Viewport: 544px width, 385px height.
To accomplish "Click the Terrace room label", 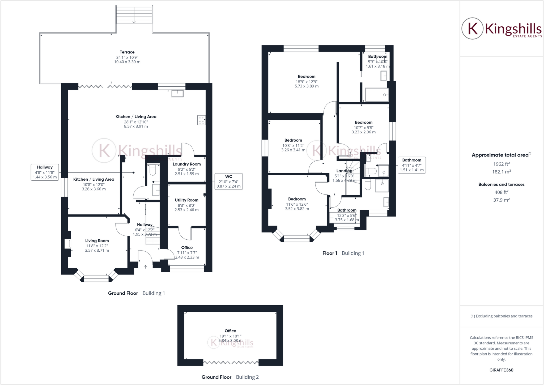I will (127, 52).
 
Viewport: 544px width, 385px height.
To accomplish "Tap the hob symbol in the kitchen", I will (201, 120).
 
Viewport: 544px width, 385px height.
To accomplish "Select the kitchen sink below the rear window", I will (177, 94).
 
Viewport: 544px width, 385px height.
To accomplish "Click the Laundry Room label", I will (186, 164).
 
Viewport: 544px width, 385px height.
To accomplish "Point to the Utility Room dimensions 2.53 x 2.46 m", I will (186, 210).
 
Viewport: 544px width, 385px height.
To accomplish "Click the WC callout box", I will (228, 181).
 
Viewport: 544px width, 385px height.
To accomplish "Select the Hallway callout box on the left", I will (45, 172).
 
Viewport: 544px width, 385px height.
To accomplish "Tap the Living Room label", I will (97, 241).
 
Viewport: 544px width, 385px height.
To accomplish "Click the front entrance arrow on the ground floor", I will (145, 266).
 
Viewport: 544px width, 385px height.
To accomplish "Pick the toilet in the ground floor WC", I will (153, 170).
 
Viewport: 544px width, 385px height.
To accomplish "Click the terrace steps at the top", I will (134, 15).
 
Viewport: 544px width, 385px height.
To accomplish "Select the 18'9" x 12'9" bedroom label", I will (307, 77).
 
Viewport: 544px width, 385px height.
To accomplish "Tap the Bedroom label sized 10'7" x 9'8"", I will (363, 122).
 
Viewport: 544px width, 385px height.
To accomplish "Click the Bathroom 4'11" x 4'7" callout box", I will (411, 165).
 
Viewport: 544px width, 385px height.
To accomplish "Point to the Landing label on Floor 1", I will (344, 171).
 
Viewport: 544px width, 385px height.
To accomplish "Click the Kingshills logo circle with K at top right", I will (472, 28).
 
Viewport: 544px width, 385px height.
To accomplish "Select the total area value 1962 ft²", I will (501, 164).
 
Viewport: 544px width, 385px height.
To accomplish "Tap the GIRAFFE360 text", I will (501, 370).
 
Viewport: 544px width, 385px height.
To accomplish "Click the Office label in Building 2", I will (230, 331).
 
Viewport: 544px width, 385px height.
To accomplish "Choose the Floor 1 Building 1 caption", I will (343, 253).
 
